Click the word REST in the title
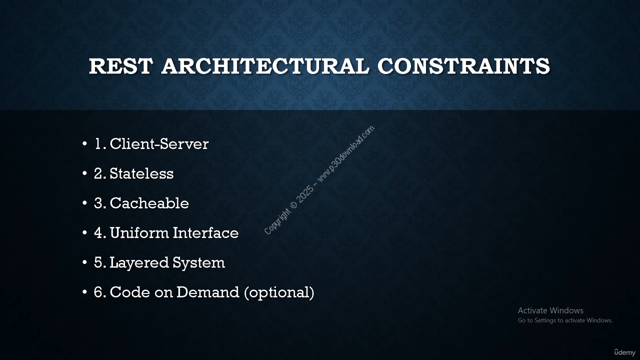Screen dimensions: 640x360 pyautogui.click(x=121, y=66)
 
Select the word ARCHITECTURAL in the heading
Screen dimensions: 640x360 pyautogui.click(x=265, y=66)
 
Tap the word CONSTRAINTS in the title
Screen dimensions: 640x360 pyautogui.click(x=463, y=66)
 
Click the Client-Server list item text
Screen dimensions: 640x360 pyautogui.click(x=159, y=143)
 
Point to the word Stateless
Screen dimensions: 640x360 pyautogui.click(x=141, y=173)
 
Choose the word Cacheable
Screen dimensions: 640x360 pyautogui.click(x=149, y=203)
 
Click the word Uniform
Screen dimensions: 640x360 pyautogui.click(x=139, y=233)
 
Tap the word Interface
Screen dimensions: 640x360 pyautogui.click(x=205, y=233)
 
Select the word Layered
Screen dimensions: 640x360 pyautogui.click(x=139, y=263)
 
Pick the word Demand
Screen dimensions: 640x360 pyautogui.click(x=207, y=292)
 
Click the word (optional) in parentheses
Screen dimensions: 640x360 pyautogui.click(x=279, y=292)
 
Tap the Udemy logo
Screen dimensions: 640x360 pyautogui.click(x=624, y=352)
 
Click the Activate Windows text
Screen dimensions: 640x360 pyautogui.click(x=550, y=310)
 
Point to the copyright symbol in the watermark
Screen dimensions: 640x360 pyautogui.click(x=293, y=205)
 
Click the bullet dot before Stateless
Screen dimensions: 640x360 pyautogui.click(x=84, y=173)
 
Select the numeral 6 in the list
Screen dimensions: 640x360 pyautogui.click(x=98, y=292)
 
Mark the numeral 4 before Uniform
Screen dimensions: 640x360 pyautogui.click(x=98, y=233)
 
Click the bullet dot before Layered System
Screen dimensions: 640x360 pyautogui.click(x=84, y=262)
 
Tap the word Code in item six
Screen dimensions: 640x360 pyautogui.click(x=130, y=292)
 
